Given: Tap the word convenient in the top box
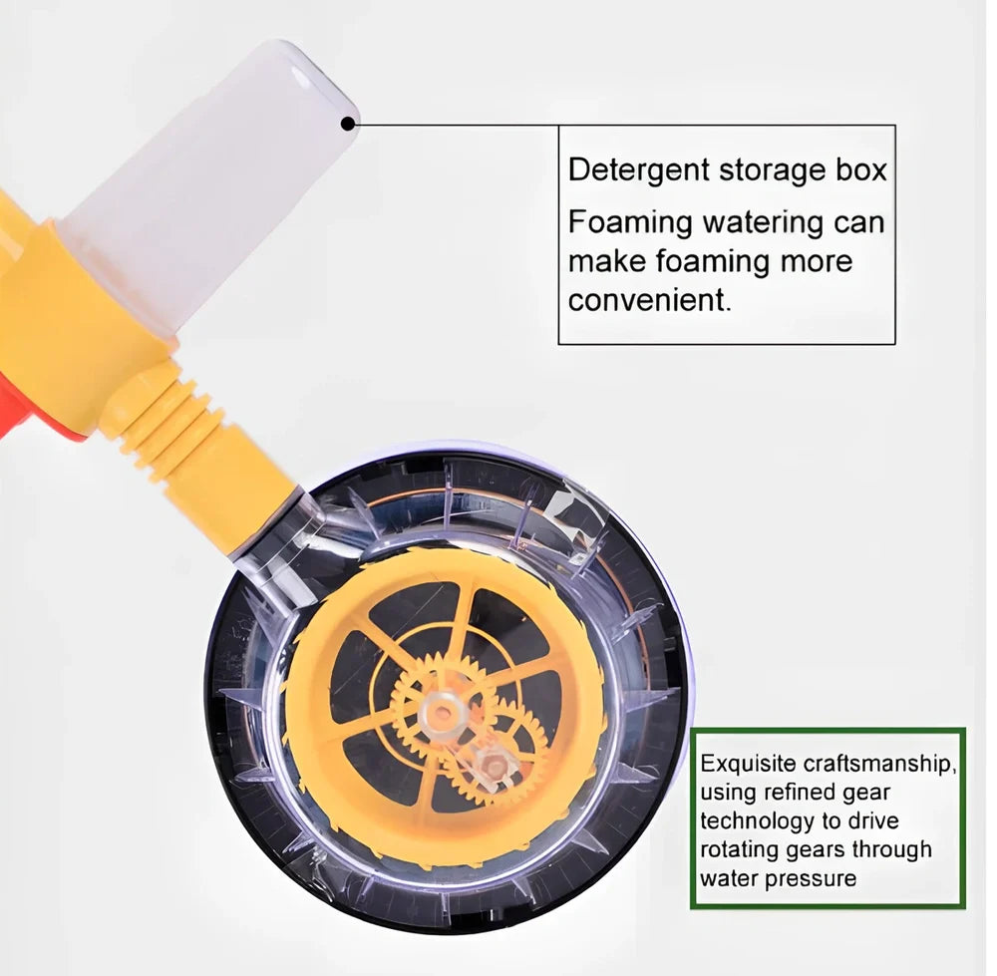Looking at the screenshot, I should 649,300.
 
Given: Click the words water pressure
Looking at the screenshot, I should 778,878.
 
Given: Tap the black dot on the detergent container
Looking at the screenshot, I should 348,124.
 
